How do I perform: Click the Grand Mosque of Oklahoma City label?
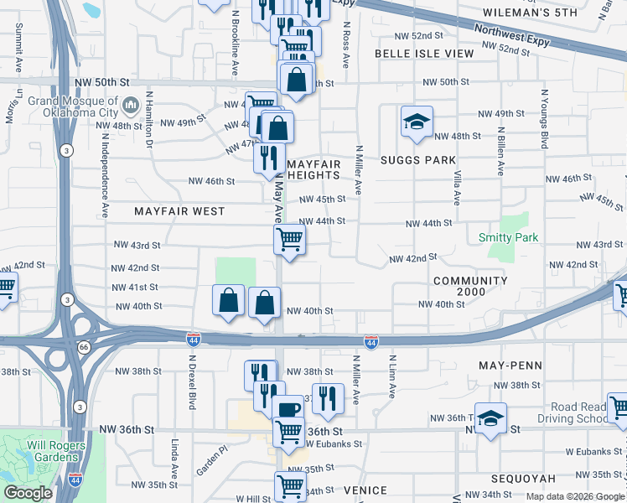[75, 106]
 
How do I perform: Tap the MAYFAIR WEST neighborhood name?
[179, 211]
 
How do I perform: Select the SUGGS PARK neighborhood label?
[417, 160]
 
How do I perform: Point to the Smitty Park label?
[508, 238]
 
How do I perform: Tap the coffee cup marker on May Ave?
[288, 411]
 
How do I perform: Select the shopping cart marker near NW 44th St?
[289, 239]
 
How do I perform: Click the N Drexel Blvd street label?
[192, 382]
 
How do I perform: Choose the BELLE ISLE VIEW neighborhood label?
[423, 53]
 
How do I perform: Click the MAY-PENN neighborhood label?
[510, 366]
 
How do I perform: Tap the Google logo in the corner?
[28, 493]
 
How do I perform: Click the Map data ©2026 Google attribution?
[574, 496]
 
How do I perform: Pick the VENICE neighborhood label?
[365, 490]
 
